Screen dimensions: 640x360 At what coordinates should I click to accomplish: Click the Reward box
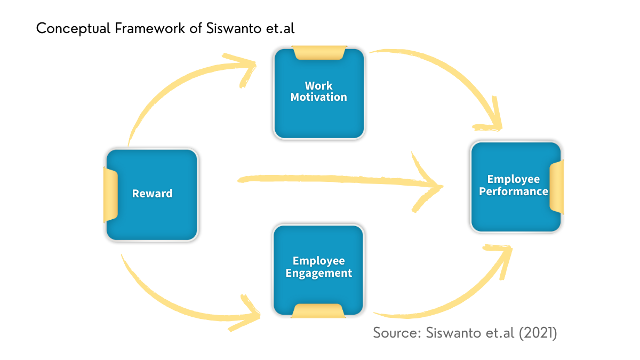coord(151,195)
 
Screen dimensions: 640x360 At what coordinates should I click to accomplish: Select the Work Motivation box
coord(319,93)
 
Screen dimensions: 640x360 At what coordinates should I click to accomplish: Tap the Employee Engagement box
coord(318,270)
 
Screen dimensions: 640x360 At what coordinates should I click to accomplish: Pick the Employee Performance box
coord(516,187)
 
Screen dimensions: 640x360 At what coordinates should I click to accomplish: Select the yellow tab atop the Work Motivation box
coord(319,53)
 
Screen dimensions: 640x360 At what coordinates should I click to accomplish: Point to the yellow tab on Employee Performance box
coord(557,186)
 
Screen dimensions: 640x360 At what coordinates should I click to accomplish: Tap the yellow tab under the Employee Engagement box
coord(318,311)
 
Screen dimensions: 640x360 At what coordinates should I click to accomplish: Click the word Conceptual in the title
coord(73,29)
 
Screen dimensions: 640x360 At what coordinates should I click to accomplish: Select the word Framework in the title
coord(150,28)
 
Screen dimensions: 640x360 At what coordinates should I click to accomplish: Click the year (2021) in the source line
coord(538,333)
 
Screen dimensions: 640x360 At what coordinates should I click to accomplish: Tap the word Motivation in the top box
coord(319,97)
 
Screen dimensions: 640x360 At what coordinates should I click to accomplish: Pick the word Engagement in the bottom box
coord(319,274)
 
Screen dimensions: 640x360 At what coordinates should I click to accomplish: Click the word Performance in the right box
coord(514,191)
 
